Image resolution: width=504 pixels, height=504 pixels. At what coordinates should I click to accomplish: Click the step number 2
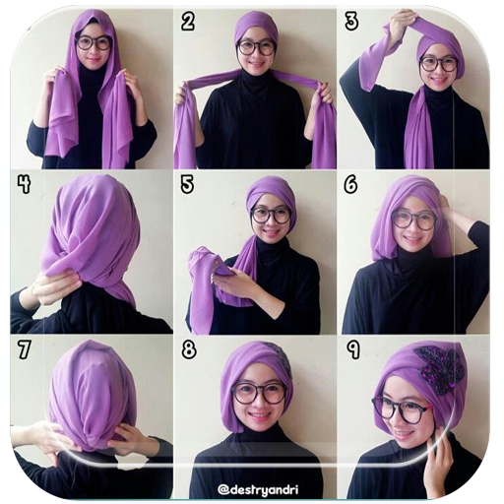(188, 23)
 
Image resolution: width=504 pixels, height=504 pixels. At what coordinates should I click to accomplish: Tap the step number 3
(351, 22)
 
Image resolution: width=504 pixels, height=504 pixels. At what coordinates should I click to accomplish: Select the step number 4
(25, 184)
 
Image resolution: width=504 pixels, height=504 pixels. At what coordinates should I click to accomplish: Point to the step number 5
(187, 184)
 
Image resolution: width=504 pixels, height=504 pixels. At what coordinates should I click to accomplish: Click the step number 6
(350, 185)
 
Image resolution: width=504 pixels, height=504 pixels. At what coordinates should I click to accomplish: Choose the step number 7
(25, 349)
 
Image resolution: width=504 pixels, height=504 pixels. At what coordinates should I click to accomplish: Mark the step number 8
(189, 349)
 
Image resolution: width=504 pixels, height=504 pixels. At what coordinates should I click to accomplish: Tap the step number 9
(353, 349)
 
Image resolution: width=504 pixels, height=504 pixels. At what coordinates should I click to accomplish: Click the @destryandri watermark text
(258, 490)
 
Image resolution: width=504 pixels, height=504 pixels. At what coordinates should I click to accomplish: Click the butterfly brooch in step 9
(435, 369)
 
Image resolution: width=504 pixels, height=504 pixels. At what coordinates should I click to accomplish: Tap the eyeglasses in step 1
(94, 43)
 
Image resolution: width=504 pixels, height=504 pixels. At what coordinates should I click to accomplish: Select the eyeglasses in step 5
(271, 215)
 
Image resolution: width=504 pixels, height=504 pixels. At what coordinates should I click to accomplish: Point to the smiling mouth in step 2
(256, 63)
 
